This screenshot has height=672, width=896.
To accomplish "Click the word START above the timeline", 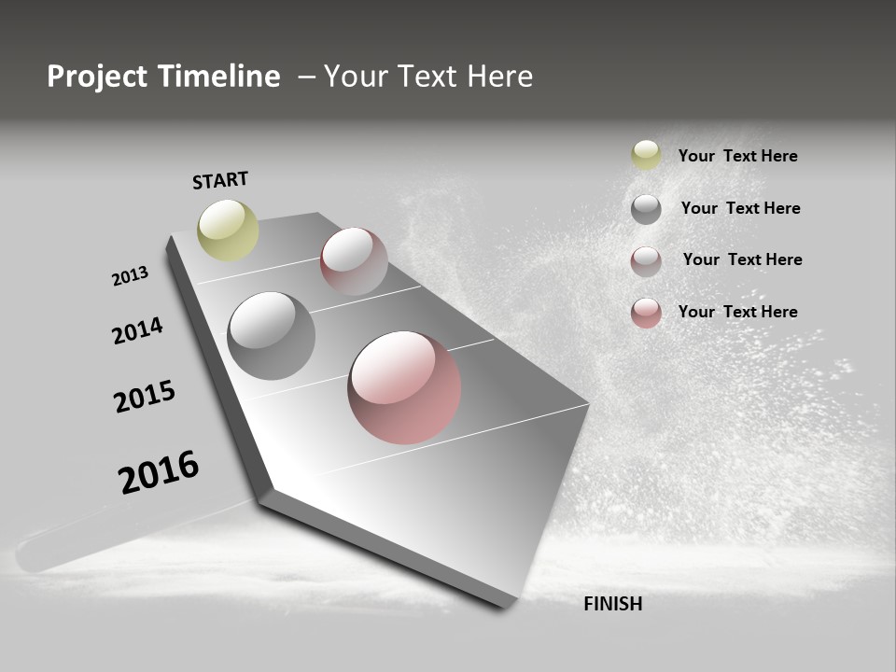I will (220, 180).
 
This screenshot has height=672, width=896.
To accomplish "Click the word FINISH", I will (613, 604).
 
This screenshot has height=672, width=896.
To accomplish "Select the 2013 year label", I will (130, 276).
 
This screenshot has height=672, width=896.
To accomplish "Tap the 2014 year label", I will (137, 330).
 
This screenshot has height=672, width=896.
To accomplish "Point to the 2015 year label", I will (145, 397).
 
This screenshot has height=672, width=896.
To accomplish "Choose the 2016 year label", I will (159, 471).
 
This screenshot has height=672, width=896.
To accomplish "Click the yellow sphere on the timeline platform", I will (228, 230).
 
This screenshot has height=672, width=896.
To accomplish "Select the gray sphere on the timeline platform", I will (271, 335).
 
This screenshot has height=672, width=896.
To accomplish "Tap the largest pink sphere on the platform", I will (404, 387).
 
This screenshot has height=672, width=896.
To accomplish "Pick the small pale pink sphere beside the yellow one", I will (354, 260).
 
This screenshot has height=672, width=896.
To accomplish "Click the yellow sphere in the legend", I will (646, 155).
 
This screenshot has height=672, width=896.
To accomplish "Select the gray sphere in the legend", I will (646, 209).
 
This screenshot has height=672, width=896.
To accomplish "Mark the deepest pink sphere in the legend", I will (646, 313).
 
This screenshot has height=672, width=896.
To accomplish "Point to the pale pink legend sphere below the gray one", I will (646, 261).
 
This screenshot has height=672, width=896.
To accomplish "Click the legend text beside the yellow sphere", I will (737, 156).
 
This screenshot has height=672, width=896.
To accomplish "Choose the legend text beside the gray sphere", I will (740, 208).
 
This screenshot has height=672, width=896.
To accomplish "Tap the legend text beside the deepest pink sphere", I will (737, 312).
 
